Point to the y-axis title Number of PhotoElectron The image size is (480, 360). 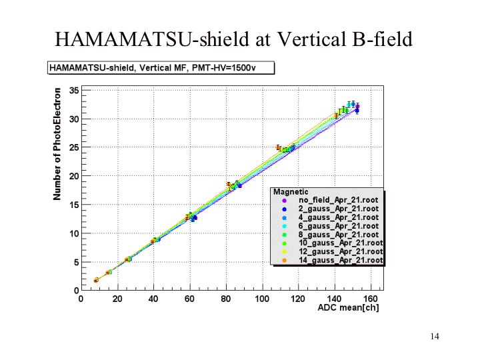coord(58,143)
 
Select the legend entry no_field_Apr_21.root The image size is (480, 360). coord(339,200)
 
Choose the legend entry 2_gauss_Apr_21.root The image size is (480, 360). coord(339,209)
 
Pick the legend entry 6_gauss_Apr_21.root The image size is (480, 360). coord(339,226)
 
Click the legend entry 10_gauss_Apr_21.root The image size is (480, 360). coord(341,243)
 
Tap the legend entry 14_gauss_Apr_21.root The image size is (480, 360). coord(341,261)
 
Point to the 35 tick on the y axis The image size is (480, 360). coord(75,91)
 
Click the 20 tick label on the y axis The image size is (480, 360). coord(75,176)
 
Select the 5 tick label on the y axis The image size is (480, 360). coord(77,262)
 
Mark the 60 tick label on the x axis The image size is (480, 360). coord(190,299)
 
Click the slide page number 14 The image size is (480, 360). coord(435,336)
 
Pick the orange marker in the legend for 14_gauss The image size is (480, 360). coord(283,261)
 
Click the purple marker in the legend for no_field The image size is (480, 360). coord(283,200)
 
